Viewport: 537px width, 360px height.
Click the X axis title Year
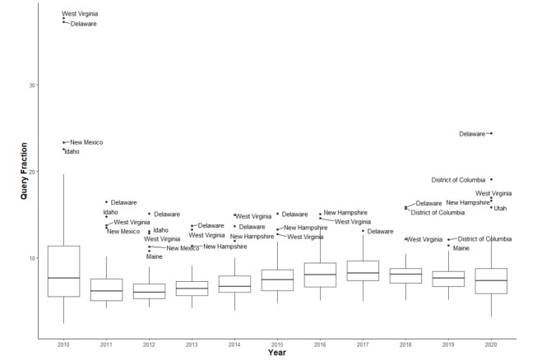(277, 353)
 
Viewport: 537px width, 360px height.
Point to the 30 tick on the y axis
(32, 85)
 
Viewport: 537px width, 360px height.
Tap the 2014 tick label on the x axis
(234, 342)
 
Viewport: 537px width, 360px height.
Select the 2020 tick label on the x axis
(491, 342)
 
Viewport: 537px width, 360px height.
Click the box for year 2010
(63, 271)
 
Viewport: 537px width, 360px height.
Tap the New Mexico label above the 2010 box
(86, 143)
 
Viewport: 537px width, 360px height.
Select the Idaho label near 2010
(72, 151)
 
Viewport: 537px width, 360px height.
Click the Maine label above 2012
(155, 256)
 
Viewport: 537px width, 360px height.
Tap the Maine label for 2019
(461, 248)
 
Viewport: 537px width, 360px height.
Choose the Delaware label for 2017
(380, 232)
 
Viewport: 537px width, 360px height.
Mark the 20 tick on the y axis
(32, 172)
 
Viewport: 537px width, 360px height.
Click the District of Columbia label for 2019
(484, 239)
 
